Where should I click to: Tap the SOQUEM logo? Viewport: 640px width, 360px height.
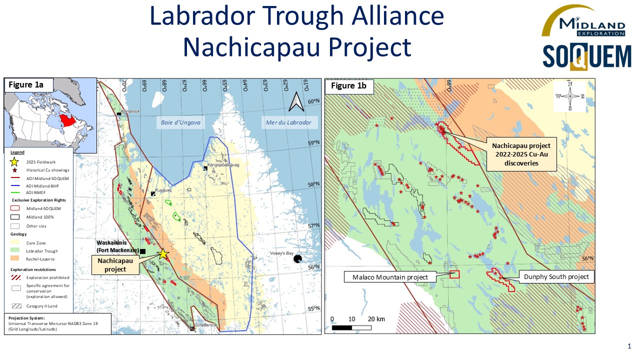coord(586,56)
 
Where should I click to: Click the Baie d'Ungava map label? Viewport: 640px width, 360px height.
coord(180,122)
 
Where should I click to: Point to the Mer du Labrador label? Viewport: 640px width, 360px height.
coord(288,122)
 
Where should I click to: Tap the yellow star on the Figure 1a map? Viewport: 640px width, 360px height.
coord(163,253)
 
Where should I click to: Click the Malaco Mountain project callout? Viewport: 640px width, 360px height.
coord(390,277)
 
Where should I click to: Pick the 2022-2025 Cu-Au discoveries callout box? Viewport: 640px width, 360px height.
coord(521,154)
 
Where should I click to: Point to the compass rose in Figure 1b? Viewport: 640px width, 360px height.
coord(569,96)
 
